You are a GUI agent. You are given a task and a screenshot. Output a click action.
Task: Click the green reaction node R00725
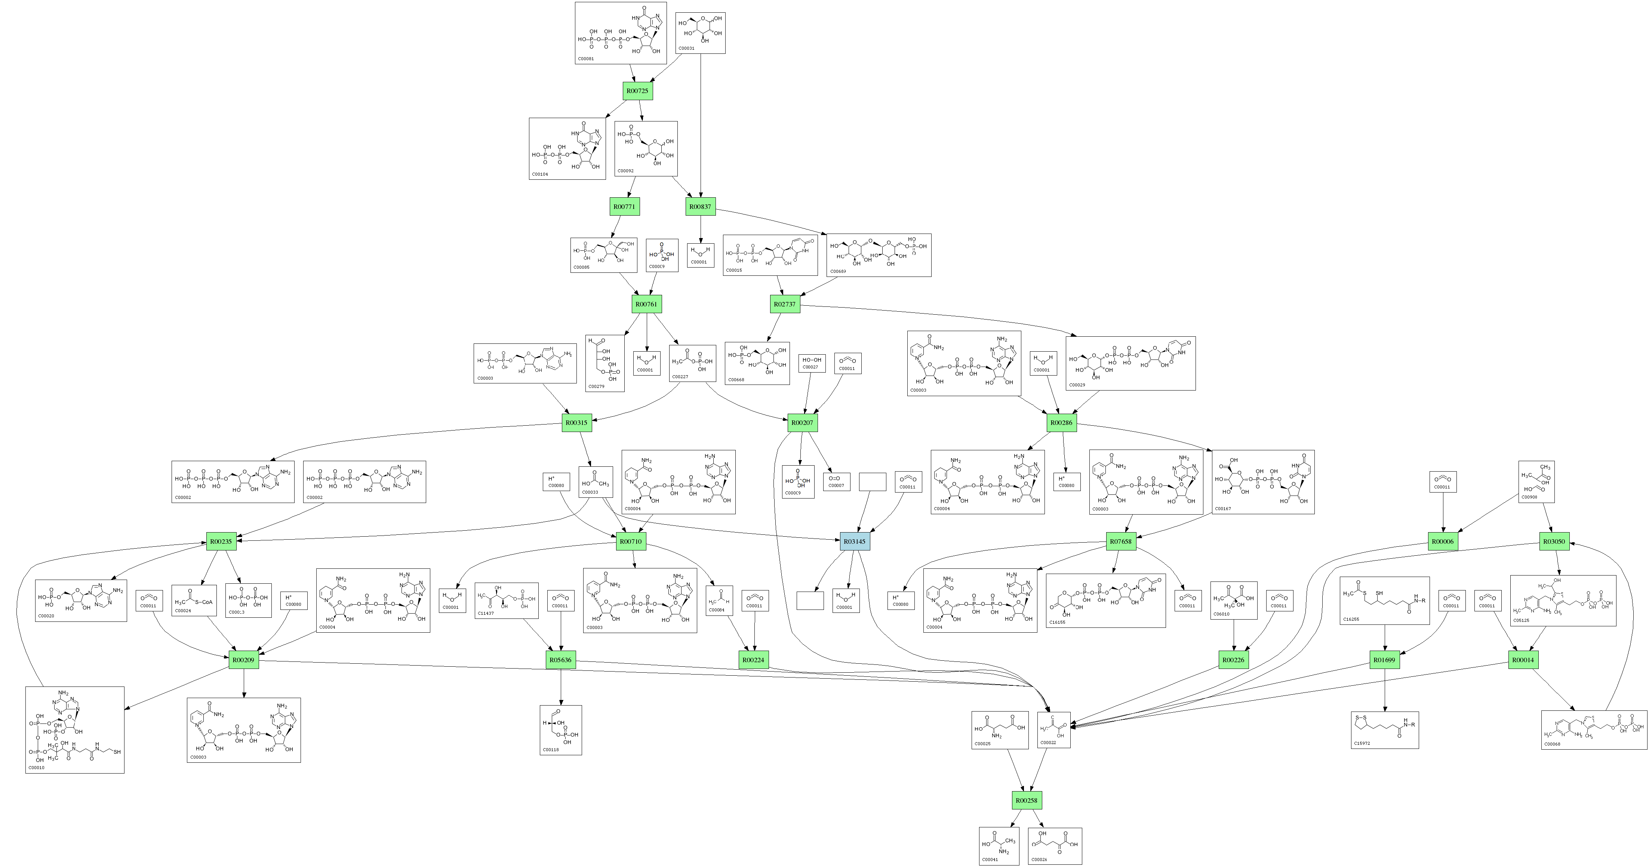pos(637,91)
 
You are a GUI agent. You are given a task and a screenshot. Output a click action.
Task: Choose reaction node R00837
pos(700,207)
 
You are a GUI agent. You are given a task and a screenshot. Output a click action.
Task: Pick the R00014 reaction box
pos(1523,660)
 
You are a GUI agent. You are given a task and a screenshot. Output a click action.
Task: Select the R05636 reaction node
pos(560,660)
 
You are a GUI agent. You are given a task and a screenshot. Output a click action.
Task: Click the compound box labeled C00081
pos(620,33)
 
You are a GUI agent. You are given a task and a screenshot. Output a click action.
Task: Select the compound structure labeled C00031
pos(700,33)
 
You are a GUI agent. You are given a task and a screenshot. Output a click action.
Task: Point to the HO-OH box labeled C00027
pos(811,363)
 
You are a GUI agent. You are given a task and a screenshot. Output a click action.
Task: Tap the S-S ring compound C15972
pos(1385,730)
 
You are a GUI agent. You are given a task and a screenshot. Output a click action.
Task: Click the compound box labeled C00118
pos(560,730)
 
